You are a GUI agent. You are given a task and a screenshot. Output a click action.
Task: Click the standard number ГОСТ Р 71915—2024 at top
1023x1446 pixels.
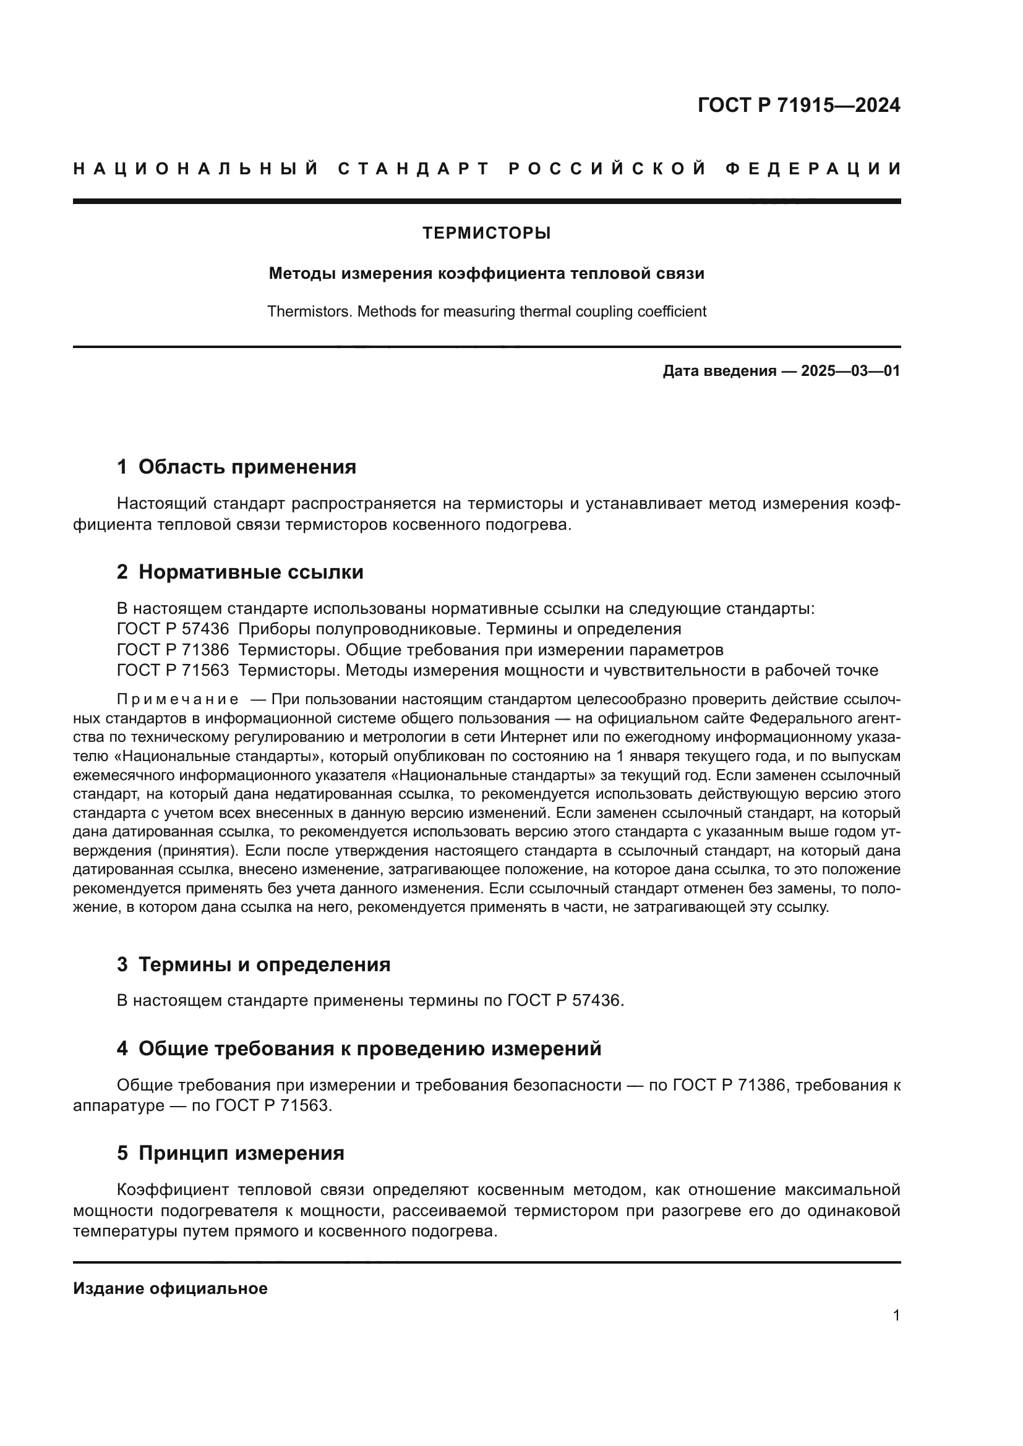click(x=798, y=105)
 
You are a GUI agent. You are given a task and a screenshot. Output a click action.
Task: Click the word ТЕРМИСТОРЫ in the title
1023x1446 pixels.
click(x=486, y=234)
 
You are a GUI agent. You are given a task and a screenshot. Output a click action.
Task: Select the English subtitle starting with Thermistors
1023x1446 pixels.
click(x=486, y=312)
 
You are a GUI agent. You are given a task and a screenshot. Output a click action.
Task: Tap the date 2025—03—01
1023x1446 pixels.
click(x=850, y=371)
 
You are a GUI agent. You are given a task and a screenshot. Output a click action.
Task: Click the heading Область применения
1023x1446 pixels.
click(x=247, y=467)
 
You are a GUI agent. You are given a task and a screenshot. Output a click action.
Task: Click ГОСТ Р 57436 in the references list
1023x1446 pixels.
click(x=173, y=629)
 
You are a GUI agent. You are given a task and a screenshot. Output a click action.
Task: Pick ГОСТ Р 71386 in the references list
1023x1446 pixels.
click(x=173, y=649)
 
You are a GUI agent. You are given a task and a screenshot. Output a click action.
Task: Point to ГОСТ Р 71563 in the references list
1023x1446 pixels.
click(x=173, y=670)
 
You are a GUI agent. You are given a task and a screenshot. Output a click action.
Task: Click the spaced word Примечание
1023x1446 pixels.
click(x=178, y=700)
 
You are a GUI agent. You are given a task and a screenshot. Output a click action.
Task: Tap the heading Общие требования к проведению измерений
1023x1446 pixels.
click(x=370, y=1048)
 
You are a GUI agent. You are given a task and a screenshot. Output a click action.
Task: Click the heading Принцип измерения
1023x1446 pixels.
click(x=241, y=1153)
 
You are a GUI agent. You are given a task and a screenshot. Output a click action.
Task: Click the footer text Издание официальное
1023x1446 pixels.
click(x=170, y=1288)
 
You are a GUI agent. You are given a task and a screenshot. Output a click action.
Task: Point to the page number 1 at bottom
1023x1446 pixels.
click(x=896, y=1316)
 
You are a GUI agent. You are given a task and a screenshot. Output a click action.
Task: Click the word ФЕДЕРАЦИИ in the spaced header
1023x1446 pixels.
click(x=813, y=169)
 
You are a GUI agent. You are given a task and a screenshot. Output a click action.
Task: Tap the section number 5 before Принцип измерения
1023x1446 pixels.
click(x=122, y=1153)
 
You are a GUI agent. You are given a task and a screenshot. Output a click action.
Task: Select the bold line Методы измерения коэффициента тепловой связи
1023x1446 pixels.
click(x=486, y=273)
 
